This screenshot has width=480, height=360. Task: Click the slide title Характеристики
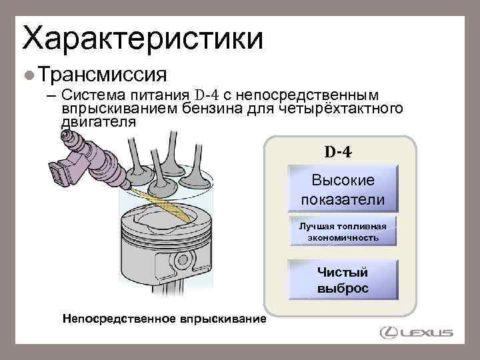coord(143,37)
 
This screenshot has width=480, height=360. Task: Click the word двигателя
coord(99,123)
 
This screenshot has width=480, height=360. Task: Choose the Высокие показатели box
coord(343,189)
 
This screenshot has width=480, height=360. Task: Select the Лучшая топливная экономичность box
coord(343,231)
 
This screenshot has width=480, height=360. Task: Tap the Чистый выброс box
coord(343,280)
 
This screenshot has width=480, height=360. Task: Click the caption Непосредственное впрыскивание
coord(163,319)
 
